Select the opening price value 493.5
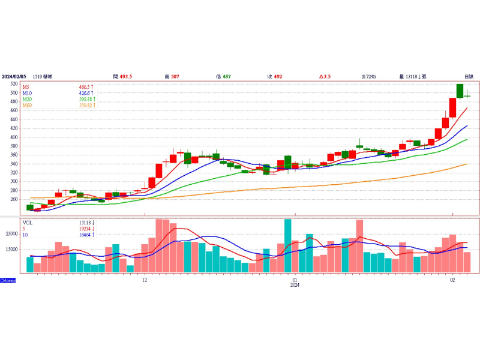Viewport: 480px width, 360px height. [126, 77]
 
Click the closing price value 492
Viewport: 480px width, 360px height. [279, 77]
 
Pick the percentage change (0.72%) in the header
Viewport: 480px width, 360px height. [368, 77]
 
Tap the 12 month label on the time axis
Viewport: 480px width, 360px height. [145, 280]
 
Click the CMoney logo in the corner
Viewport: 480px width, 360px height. [8, 281]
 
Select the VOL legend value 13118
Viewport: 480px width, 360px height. [86, 223]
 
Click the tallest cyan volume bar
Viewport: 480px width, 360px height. [287, 246]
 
